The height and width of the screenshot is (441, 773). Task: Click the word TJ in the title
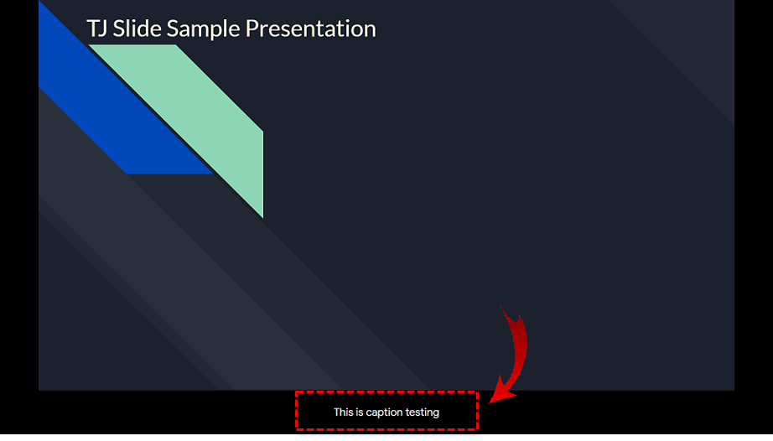(97, 29)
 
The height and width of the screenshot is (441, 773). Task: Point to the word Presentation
(310, 29)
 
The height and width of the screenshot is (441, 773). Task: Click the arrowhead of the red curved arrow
(501, 392)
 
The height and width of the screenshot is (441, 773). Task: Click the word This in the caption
(343, 412)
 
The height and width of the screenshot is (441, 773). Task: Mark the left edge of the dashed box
(296, 411)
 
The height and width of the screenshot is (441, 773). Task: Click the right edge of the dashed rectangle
(477, 411)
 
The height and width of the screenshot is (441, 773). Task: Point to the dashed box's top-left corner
(296, 392)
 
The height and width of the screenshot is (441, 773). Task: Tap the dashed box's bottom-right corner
(477, 429)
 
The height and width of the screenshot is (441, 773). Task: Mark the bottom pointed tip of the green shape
(262, 217)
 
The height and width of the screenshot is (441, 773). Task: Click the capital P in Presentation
(251, 29)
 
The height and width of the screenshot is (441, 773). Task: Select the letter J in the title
(102, 29)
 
